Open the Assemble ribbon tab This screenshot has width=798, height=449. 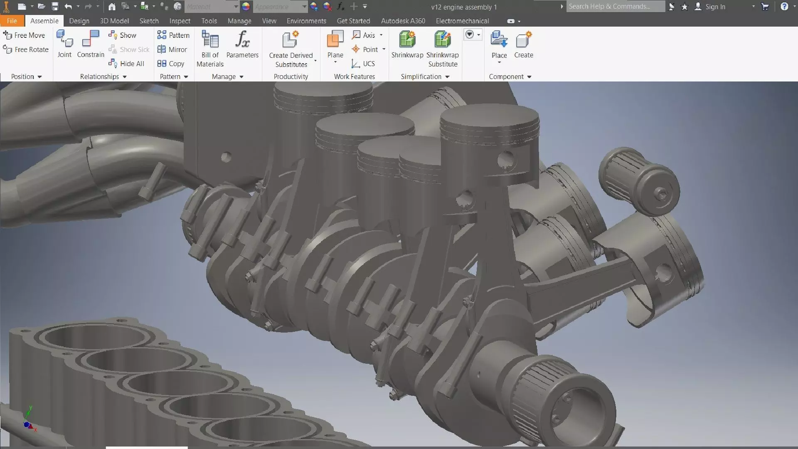44,21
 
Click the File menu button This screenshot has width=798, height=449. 12,21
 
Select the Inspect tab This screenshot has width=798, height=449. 180,21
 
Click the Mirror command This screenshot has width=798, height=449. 172,49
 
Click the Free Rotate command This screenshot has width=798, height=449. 26,49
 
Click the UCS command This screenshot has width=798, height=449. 363,64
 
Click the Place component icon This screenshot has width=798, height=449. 499,40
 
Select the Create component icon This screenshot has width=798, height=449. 523,40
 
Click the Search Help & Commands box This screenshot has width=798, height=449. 615,6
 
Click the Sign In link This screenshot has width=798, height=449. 715,7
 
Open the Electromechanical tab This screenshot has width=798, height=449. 462,21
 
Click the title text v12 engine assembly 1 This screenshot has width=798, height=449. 464,7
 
